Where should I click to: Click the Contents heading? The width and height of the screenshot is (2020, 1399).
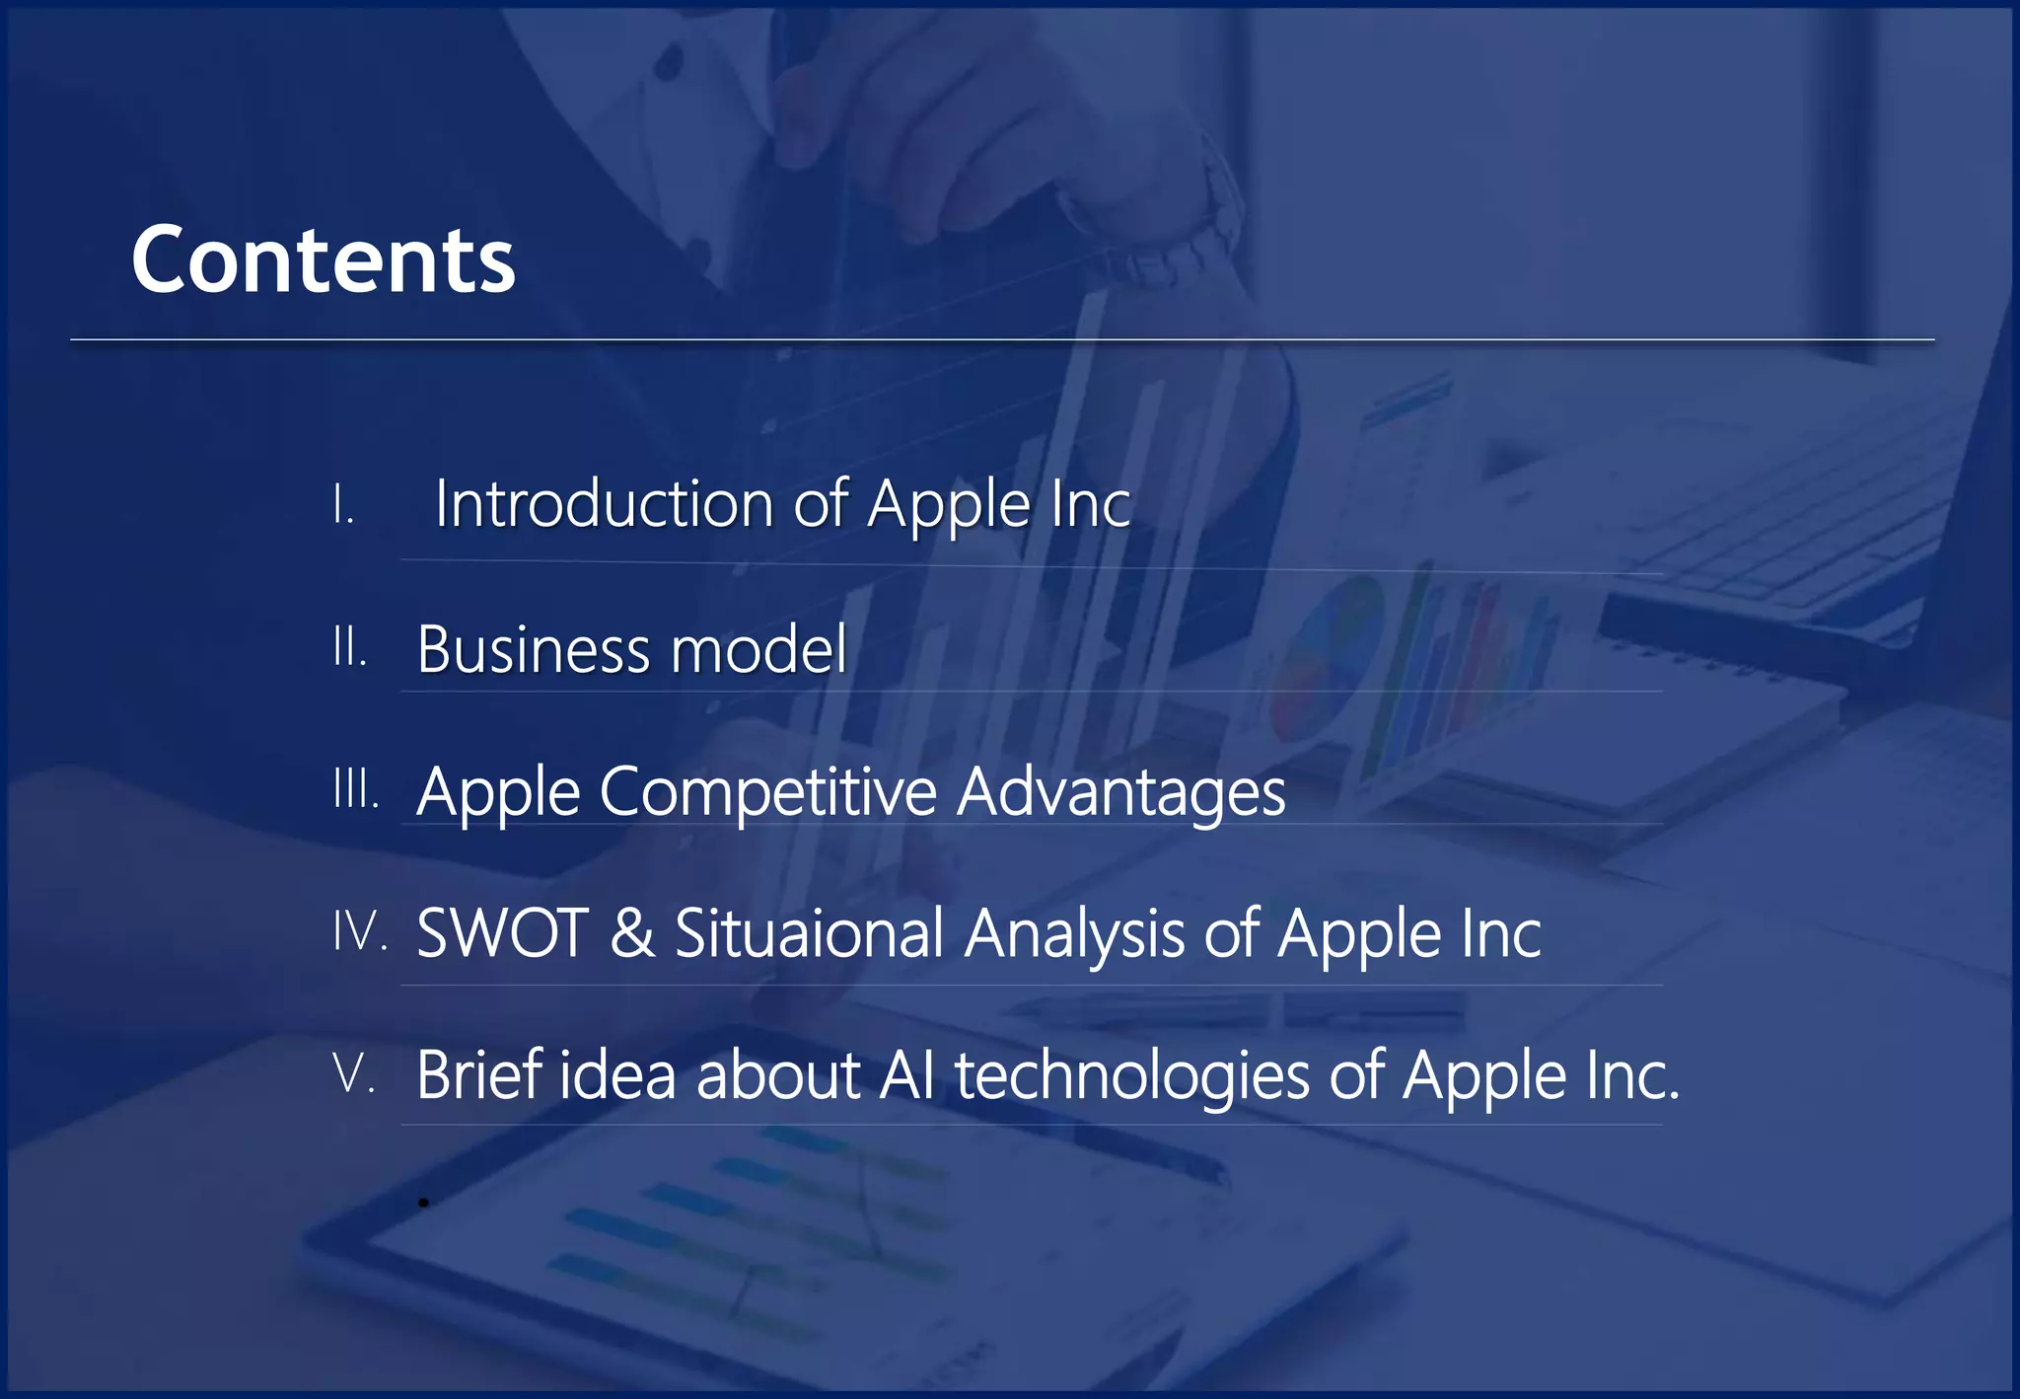click(x=323, y=259)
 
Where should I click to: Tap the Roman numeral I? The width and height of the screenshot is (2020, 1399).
click(x=342, y=505)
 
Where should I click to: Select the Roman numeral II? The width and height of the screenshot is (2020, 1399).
click(x=349, y=647)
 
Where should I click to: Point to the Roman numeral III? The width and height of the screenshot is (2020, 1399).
click(x=355, y=789)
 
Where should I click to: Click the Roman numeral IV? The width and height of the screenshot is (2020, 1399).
click(x=359, y=931)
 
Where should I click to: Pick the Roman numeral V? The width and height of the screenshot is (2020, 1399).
click(x=354, y=1073)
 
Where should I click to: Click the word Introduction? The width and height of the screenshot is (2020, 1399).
click(x=604, y=504)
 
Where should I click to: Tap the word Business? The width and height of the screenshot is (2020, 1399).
click(x=533, y=649)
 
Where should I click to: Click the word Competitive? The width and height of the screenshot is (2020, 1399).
click(x=767, y=791)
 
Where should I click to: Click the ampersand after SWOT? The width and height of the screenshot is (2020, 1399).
click(x=631, y=933)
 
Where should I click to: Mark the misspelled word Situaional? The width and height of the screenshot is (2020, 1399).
click(x=809, y=933)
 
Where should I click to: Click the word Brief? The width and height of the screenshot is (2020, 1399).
click(x=478, y=1075)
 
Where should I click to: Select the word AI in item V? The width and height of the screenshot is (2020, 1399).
click(x=906, y=1075)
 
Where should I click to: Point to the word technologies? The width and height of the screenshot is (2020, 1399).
click(x=1131, y=1075)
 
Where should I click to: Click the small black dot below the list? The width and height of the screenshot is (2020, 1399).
click(x=423, y=1203)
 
